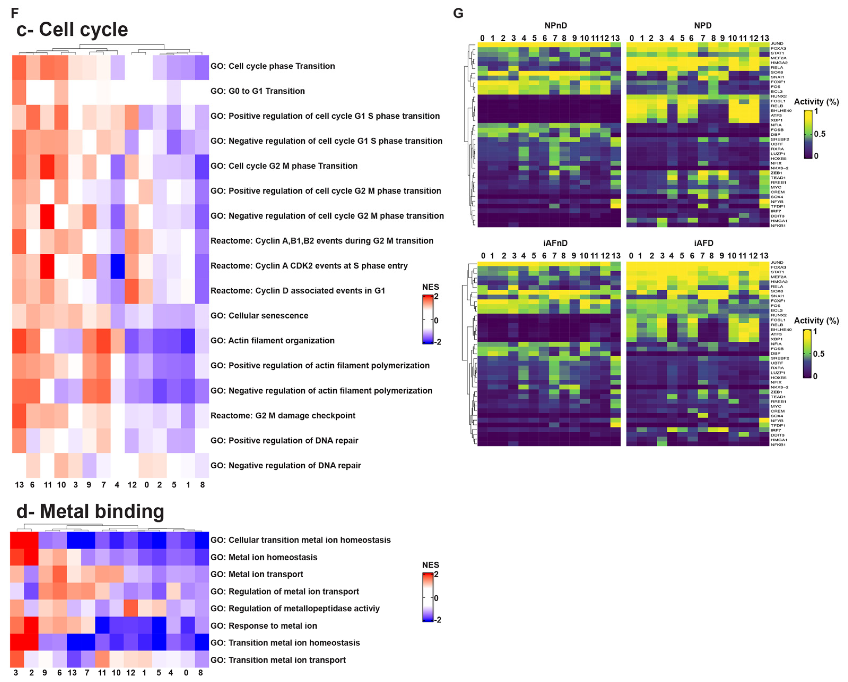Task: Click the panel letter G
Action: coord(458,13)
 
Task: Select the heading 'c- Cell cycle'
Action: coord(72,30)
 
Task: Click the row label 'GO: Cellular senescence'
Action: coord(259,315)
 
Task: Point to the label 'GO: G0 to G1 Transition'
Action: coord(258,91)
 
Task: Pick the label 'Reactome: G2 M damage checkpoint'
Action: coord(283,415)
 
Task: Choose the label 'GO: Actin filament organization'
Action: coord(272,341)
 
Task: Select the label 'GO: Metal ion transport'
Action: coord(257,574)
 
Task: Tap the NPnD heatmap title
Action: coord(555,26)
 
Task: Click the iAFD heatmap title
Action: coord(703,243)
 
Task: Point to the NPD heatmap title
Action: coord(702,26)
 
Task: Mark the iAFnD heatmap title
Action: coord(555,243)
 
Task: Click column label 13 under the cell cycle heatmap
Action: coord(19,485)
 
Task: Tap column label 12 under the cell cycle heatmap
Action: coord(132,485)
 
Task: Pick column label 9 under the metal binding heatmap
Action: coord(44,672)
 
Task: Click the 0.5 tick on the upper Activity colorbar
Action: coord(820,134)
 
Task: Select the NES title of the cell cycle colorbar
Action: coord(430,287)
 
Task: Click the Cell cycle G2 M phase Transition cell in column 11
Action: coord(48,166)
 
